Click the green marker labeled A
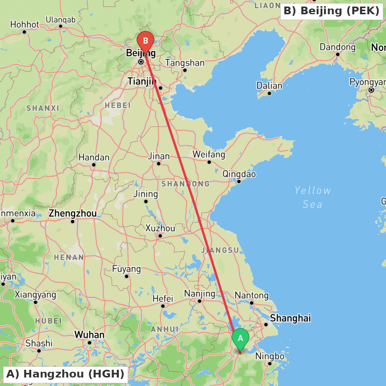pyautogui.click(x=240, y=339)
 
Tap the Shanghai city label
pyautogui.click(x=290, y=318)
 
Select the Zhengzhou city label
pyautogui.click(x=73, y=213)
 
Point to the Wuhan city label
pyautogui.click(x=89, y=334)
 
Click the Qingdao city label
pyautogui.click(x=239, y=174)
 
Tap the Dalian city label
pyautogui.click(x=269, y=86)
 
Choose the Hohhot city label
pyautogui.click(x=25, y=24)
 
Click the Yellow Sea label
pyautogui.click(x=312, y=197)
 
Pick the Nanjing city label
pyautogui.click(x=200, y=293)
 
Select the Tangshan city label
pyautogui.click(x=185, y=63)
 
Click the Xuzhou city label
pyautogui.click(x=160, y=228)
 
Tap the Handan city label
pyautogui.click(x=94, y=157)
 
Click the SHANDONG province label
pyautogui.click(x=185, y=184)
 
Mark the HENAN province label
pyautogui.click(x=69, y=257)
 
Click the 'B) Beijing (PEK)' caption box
pyautogui.click(x=331, y=11)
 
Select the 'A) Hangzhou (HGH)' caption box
pyautogui.click(x=65, y=374)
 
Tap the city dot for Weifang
pyautogui.click(x=209, y=162)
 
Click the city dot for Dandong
pyautogui.click(x=337, y=54)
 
